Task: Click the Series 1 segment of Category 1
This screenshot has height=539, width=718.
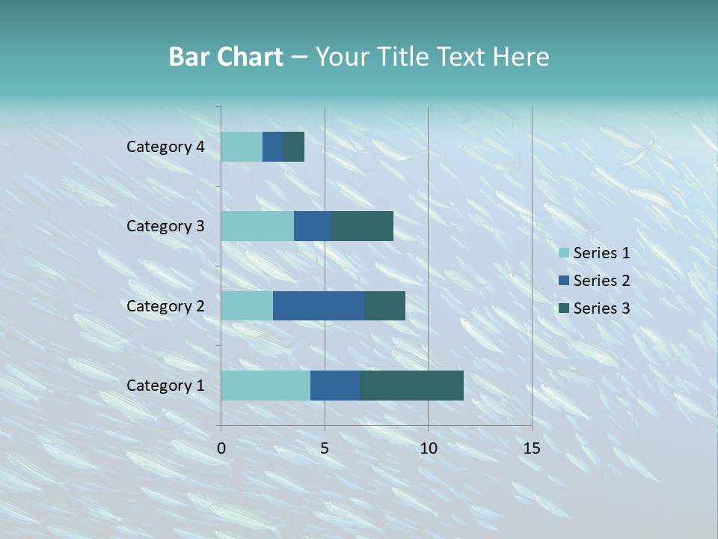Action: coord(266,386)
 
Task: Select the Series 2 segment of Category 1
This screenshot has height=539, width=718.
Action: coord(335,386)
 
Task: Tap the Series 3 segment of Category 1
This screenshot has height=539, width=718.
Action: coord(411,386)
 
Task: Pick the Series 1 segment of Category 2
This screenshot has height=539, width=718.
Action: coord(247,305)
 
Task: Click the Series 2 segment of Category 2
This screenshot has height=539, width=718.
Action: coord(319,305)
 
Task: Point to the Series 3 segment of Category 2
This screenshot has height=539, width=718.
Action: coord(384,305)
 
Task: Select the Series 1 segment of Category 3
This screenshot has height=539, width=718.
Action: coord(257,226)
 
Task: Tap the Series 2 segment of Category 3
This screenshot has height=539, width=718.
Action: coord(313,226)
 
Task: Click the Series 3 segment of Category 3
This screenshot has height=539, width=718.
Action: coord(362,226)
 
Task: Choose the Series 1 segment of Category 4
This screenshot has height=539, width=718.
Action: coord(242,147)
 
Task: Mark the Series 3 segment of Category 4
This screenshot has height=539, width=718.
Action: coord(294,147)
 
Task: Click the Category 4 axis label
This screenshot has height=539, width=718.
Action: coord(165,147)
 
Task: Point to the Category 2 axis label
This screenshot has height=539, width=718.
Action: coord(165,305)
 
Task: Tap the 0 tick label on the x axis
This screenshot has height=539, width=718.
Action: coord(221,448)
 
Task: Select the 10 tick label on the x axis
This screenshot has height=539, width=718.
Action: coord(428,448)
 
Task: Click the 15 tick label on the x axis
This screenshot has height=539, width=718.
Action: coord(532,448)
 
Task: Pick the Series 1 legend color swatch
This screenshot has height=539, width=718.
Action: coord(563,253)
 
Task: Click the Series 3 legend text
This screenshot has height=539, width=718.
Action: coord(601,308)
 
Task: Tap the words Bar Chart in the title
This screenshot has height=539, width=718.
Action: coord(226,57)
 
